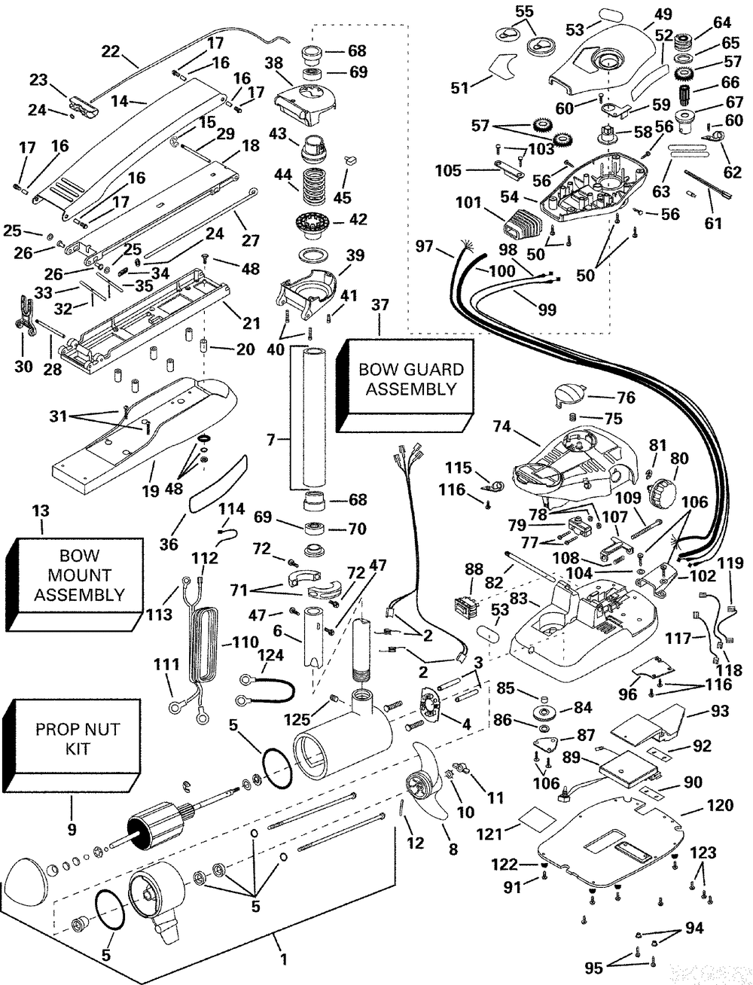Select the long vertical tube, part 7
click(x=307, y=418)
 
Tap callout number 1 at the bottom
click(x=283, y=959)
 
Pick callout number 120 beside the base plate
click(x=721, y=805)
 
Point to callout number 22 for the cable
click(x=111, y=51)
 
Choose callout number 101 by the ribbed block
click(x=468, y=203)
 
